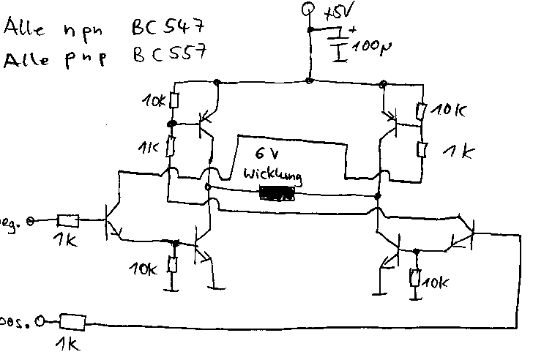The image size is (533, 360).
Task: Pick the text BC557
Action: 169,56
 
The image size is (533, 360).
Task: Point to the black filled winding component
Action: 277,195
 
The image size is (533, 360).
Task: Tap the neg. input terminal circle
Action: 31,220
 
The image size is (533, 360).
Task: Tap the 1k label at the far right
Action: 460,152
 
